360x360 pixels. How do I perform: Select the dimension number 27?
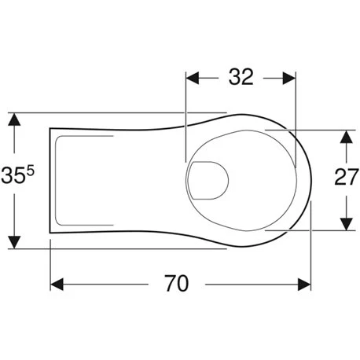(346, 178)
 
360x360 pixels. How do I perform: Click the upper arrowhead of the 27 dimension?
(344, 135)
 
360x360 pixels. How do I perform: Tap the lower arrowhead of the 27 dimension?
(344, 225)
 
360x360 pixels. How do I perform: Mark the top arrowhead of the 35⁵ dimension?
(14, 119)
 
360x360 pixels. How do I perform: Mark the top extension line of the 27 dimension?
(314, 128)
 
